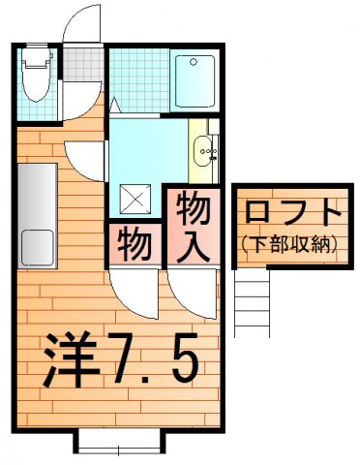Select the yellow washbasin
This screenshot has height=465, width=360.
tap(204, 150)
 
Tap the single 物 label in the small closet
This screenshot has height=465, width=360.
tap(136, 244)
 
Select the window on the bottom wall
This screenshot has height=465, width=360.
tap(118, 445)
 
